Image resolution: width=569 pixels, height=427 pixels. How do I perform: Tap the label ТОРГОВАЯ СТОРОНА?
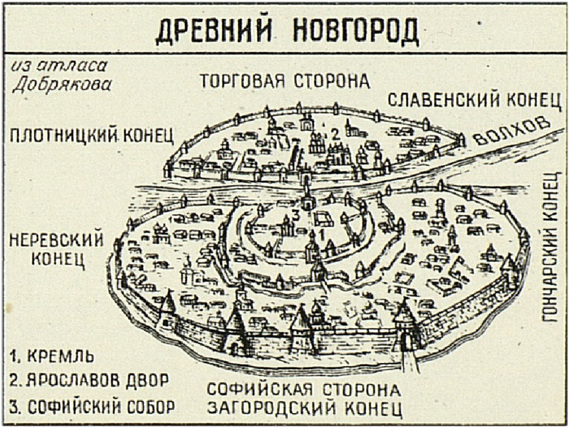coord(284,81)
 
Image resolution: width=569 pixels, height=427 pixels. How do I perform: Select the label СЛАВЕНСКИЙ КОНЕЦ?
coord(474,100)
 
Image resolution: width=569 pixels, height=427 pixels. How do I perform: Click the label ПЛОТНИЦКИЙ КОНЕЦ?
coord(92,135)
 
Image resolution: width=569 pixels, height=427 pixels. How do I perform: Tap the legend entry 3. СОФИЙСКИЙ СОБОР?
coord(92,406)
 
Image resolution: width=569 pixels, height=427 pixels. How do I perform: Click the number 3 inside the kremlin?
coord(295,215)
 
